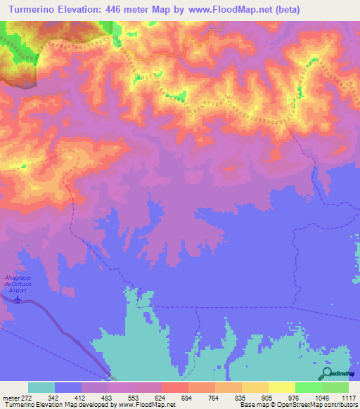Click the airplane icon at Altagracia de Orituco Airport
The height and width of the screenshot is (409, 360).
point(18,303)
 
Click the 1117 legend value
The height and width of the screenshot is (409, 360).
point(349,398)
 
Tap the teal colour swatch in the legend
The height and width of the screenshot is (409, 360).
point(41,387)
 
